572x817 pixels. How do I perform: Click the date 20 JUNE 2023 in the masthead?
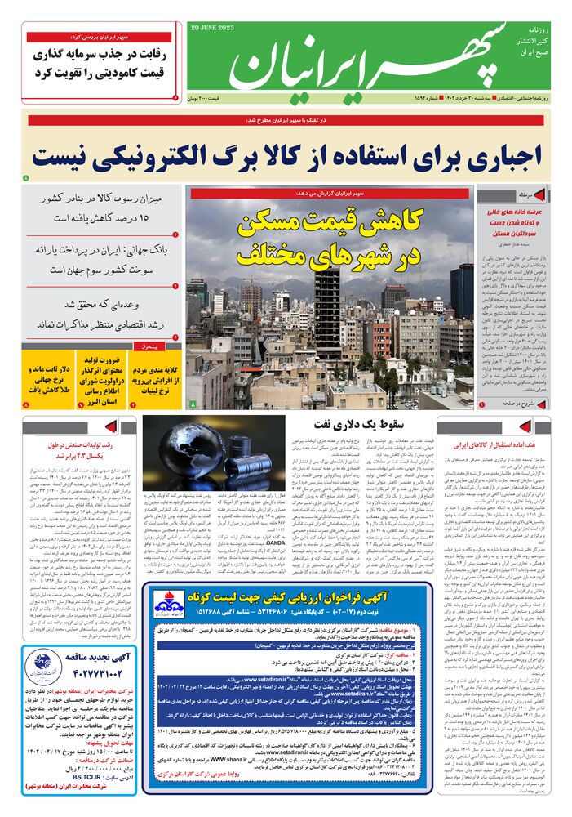(210, 27)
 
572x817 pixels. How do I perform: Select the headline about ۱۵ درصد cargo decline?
(102, 208)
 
